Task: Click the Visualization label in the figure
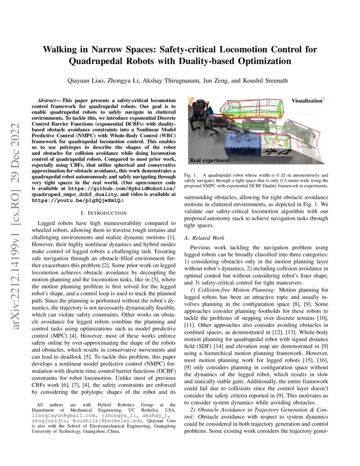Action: [x=307, y=101]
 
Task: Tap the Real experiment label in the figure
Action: [x=210, y=161]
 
